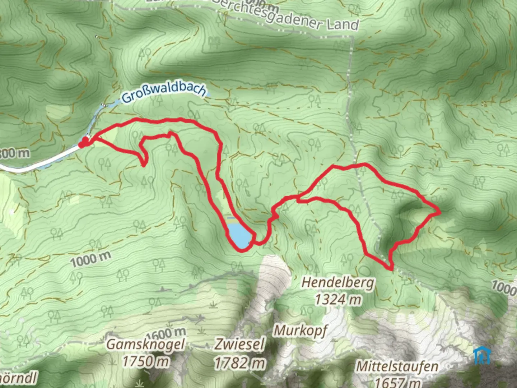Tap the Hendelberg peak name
[337, 283]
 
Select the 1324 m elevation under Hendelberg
[338, 299]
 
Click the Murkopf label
[301, 330]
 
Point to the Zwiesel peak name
[239, 344]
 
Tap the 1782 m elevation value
[240, 363]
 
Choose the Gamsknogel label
[146, 344]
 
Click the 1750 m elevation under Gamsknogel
[146, 361]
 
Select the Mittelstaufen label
[397, 367]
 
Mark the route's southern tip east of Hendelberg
[391, 268]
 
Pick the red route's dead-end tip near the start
[143, 165]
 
